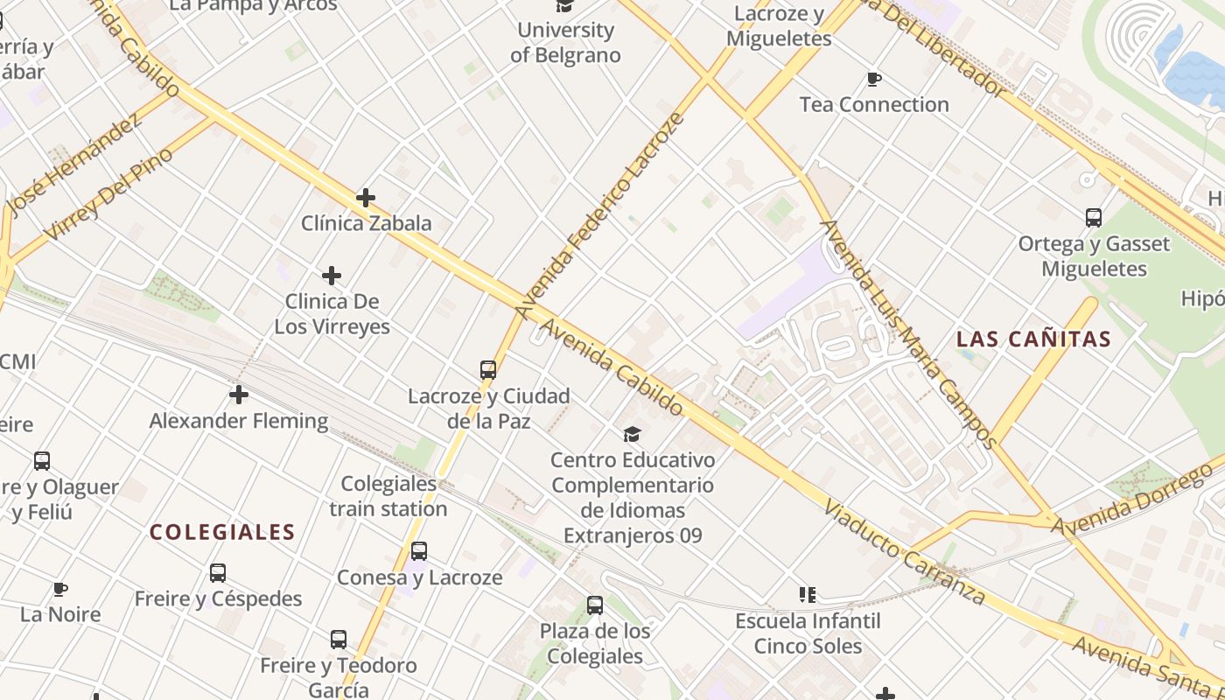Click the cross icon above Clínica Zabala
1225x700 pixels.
point(366,198)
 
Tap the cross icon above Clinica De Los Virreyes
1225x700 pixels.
point(332,276)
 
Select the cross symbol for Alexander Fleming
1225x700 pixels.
point(239,395)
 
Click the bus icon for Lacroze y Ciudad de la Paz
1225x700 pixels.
point(488,370)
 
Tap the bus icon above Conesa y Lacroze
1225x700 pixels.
point(419,551)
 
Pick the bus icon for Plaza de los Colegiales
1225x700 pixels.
point(595,605)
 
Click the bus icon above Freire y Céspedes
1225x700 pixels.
point(218,573)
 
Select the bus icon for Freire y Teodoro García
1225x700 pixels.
point(339,640)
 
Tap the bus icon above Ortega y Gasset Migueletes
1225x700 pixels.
point(1093,218)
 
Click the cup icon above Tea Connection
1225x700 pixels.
point(873,80)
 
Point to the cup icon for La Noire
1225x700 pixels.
point(60,589)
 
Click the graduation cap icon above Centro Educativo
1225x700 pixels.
point(632,434)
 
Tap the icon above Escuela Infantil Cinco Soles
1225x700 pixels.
point(808,595)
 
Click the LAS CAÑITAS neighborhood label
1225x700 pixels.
point(1033,339)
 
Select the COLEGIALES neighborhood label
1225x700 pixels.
point(222,532)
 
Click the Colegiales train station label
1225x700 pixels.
point(388,496)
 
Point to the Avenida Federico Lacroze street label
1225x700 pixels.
point(598,215)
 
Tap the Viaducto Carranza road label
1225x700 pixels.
point(905,553)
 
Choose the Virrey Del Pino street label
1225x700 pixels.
point(108,193)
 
